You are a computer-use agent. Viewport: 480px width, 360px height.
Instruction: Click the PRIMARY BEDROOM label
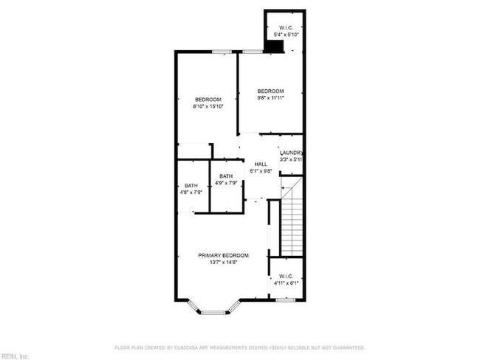[223, 255]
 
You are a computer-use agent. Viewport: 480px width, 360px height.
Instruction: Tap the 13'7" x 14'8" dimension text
[223, 263]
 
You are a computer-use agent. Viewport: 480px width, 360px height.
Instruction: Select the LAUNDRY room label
[291, 153]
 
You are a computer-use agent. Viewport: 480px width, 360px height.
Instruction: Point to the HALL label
[261, 164]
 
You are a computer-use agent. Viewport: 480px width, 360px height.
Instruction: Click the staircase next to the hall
[292, 218]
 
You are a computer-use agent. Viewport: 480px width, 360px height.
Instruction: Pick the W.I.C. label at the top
[284, 28]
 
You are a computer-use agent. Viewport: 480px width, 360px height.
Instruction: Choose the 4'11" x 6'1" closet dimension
[286, 283]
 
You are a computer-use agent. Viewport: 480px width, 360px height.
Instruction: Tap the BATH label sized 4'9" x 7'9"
[225, 176]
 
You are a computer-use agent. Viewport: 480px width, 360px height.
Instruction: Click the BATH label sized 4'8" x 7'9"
[191, 186]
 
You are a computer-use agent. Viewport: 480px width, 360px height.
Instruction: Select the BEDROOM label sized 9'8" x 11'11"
[270, 91]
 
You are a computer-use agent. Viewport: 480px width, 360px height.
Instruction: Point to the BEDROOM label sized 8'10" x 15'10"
[208, 100]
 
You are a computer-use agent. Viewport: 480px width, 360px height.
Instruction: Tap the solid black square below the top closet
[275, 46]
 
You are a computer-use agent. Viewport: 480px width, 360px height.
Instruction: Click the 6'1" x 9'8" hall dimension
[261, 171]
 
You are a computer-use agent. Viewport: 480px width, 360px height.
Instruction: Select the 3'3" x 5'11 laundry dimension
[291, 159]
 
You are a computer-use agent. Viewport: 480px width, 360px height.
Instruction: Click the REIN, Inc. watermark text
[14, 356]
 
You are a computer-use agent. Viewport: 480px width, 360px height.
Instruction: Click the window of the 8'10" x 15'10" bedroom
[221, 51]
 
